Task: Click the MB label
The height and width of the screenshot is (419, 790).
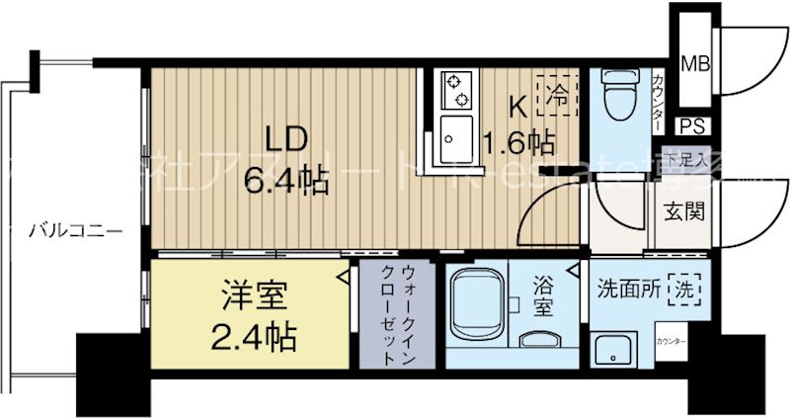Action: tap(697, 65)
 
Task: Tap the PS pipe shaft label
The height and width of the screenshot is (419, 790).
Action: tap(695, 126)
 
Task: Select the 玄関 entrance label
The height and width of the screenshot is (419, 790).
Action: tap(689, 212)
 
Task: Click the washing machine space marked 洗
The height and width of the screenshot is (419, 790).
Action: tap(684, 291)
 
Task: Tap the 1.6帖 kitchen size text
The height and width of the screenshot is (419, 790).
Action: tap(516, 142)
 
